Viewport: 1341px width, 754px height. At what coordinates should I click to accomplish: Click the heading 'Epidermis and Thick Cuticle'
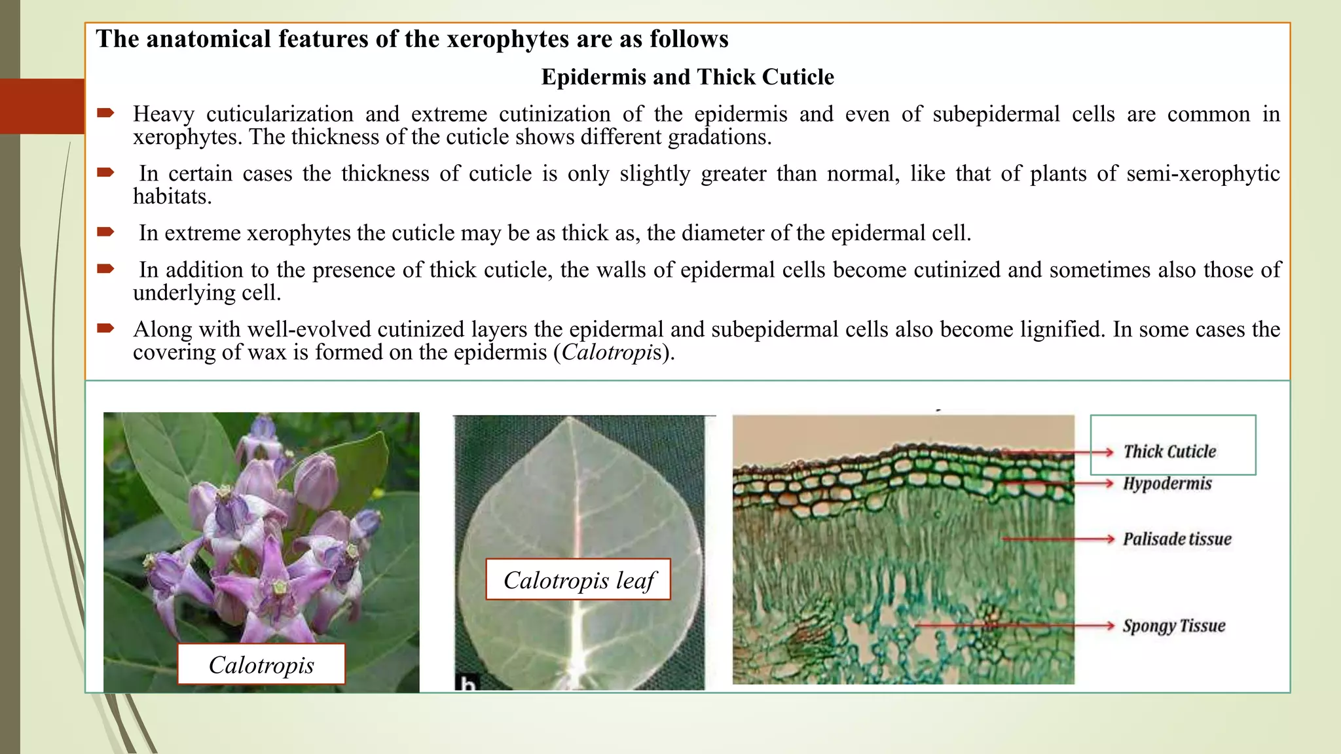click(x=688, y=77)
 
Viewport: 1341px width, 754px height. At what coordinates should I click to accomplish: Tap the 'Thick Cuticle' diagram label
click(x=1169, y=452)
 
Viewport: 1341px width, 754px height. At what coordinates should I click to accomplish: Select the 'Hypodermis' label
click(x=1167, y=484)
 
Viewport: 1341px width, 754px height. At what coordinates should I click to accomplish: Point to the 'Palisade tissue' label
click(x=1177, y=539)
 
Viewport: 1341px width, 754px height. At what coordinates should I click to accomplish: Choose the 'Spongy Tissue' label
click(x=1174, y=626)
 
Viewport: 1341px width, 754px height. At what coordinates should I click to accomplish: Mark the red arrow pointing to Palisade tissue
click(x=1057, y=539)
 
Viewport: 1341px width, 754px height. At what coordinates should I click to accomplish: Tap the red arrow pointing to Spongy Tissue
click(x=1015, y=626)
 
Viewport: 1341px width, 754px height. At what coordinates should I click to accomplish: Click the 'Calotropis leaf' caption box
click(x=578, y=580)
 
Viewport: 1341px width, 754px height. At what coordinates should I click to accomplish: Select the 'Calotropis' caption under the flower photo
click(x=261, y=664)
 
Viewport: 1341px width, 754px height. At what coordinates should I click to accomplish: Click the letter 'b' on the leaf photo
click(x=466, y=685)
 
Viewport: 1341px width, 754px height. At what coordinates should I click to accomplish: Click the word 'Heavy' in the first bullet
click(x=164, y=115)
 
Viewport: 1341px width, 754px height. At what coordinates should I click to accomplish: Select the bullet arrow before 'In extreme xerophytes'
click(x=105, y=232)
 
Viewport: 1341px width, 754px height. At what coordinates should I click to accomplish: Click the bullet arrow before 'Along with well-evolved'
click(x=105, y=328)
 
